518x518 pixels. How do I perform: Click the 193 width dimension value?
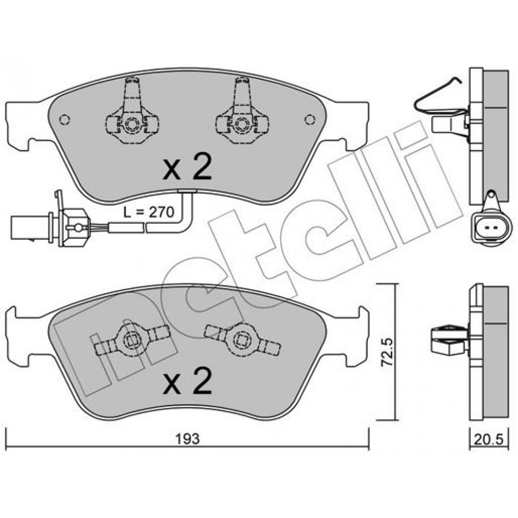click(188, 439)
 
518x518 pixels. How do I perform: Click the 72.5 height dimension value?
click(387, 352)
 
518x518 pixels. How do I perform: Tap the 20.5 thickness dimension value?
click(488, 439)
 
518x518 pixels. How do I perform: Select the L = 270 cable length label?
click(149, 212)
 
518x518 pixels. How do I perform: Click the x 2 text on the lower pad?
click(187, 382)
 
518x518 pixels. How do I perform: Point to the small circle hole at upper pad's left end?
click(64, 119)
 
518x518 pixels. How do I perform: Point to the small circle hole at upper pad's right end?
click(310, 119)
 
